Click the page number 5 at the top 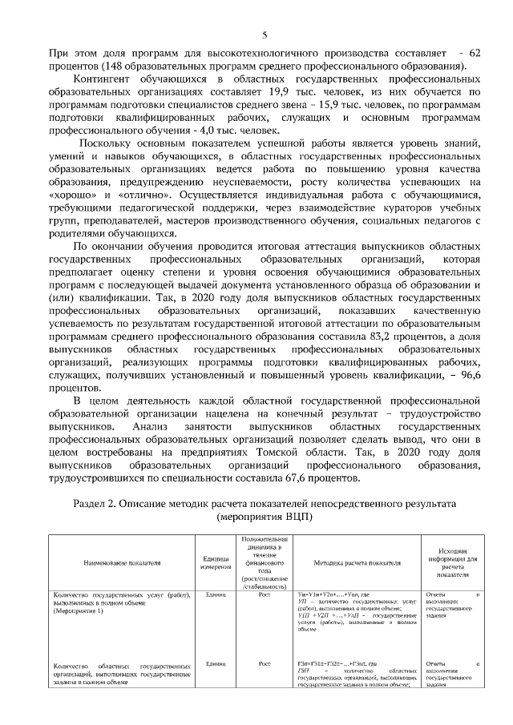coord(264,34)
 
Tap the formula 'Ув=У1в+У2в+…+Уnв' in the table coord(330,594)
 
